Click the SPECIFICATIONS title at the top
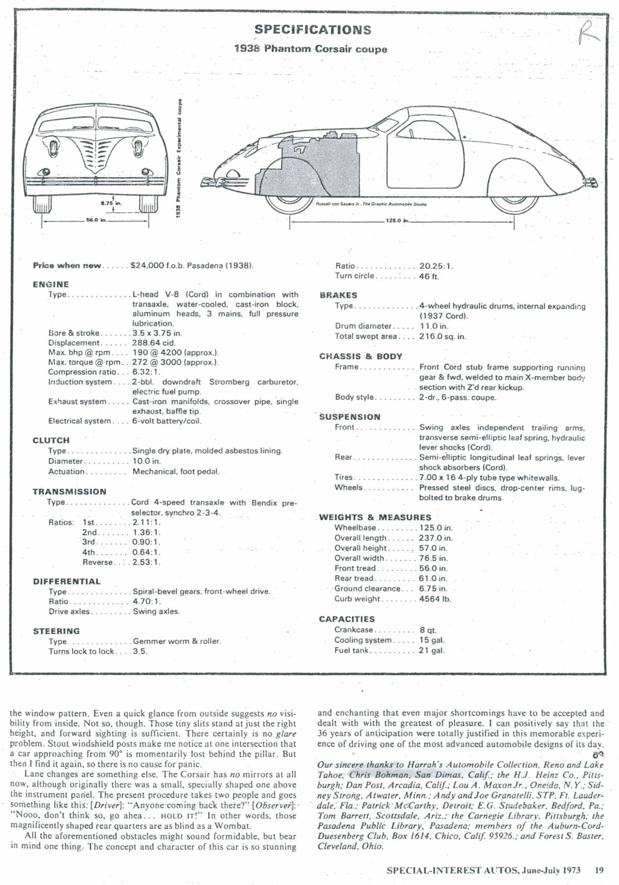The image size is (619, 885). [x=313, y=29]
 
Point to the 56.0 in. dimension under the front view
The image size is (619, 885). [x=96, y=220]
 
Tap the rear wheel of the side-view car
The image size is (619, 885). [x=511, y=199]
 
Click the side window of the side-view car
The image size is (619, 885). [x=409, y=132]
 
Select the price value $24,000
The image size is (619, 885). [x=147, y=266]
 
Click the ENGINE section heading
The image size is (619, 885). [x=51, y=284]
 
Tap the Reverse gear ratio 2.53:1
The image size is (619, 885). [x=146, y=562]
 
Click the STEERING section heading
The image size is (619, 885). [x=56, y=631]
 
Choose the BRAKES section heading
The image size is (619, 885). [x=338, y=295]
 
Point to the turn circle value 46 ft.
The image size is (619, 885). [x=429, y=276]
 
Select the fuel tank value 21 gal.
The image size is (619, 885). [x=432, y=650]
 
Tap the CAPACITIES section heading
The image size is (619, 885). [x=347, y=619]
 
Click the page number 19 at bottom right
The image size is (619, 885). [x=598, y=870]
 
